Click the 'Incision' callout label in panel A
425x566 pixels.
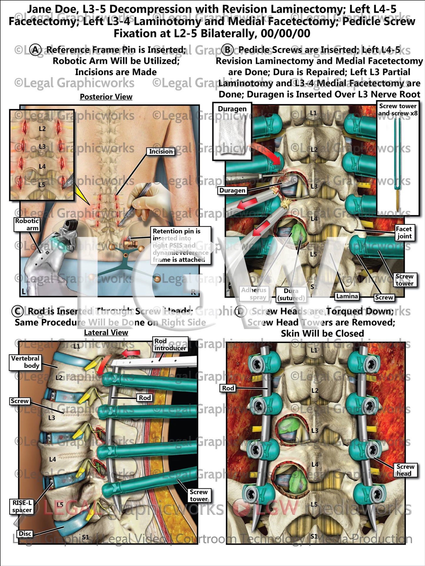coord(161,151)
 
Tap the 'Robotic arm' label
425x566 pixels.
coord(27,225)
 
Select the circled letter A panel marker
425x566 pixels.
coord(36,50)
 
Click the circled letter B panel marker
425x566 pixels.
coord(227,50)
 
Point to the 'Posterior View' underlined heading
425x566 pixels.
coord(106,97)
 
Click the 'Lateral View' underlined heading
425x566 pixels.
coord(106,332)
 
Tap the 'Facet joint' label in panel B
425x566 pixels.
coord(404,232)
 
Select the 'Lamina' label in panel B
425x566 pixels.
coord(347,296)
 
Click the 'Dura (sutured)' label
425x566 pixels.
coord(291,294)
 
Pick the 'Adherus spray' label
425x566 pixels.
coord(254,294)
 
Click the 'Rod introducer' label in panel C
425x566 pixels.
coord(170,344)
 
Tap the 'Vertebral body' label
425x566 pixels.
coord(25,362)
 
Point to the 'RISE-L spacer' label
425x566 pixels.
coord(21,506)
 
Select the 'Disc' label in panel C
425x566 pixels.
coord(25,534)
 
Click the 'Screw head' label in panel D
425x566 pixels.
coord(405,470)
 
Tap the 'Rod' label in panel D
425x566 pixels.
coord(228,388)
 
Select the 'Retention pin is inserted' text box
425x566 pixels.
coord(181,245)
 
